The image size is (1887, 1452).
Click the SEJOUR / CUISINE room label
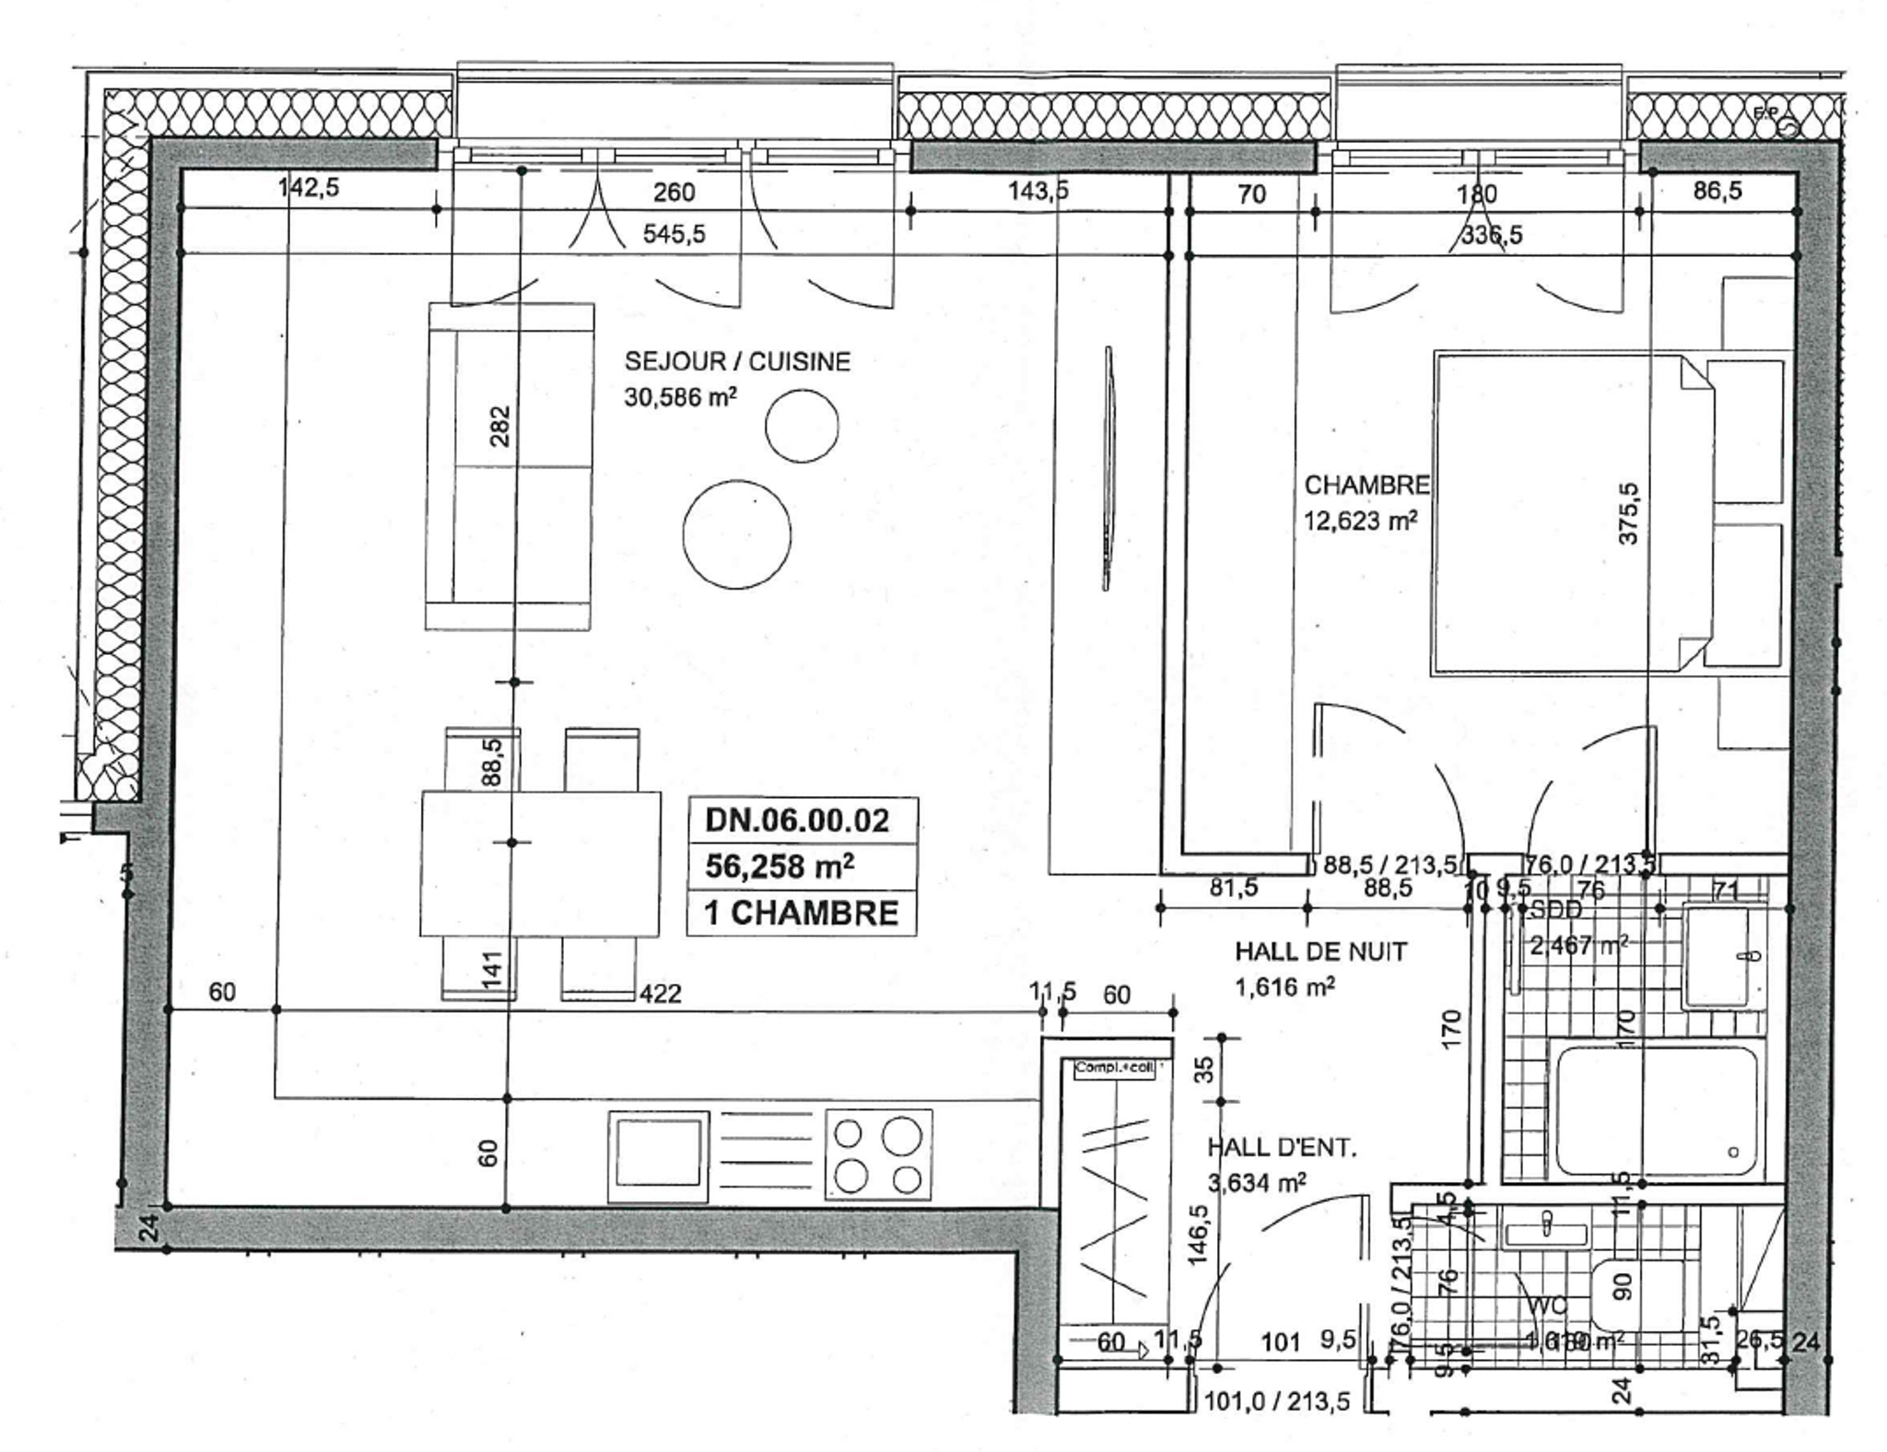(737, 361)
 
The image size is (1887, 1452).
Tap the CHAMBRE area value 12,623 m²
(1360, 521)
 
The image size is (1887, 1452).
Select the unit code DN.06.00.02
(797, 820)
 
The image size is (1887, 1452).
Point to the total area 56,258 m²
(779, 866)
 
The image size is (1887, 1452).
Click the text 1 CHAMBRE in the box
(801, 913)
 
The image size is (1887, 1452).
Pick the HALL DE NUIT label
(1320, 952)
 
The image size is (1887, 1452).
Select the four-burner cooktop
(878, 1154)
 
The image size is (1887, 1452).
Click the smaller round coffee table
(802, 427)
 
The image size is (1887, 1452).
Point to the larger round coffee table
(737, 534)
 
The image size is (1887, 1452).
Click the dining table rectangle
(541, 863)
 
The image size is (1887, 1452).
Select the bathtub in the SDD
(1656, 1110)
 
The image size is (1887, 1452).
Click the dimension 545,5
(674, 234)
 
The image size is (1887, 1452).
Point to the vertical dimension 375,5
(1629, 513)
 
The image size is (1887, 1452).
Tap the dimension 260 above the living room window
(674, 193)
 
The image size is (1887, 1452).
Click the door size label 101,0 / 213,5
(1278, 1402)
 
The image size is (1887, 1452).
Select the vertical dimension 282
(499, 427)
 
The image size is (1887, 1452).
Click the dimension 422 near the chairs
(661, 993)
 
